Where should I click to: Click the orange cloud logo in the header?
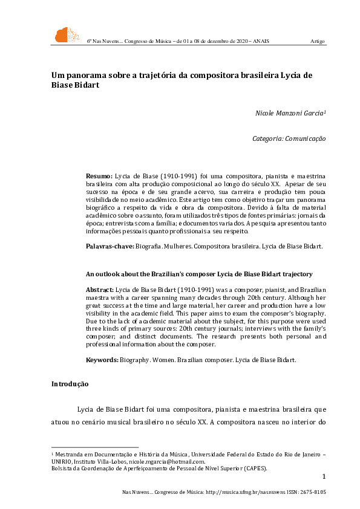click(x=67, y=35)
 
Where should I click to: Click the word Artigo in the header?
click(x=318, y=41)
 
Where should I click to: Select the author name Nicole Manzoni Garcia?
click(x=290, y=113)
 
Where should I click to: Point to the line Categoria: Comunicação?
click(x=289, y=138)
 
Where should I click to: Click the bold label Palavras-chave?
click(x=109, y=247)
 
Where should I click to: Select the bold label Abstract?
click(x=100, y=291)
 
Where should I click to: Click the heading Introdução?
click(x=70, y=384)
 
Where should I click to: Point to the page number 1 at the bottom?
click(x=324, y=477)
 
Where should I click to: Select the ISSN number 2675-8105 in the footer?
click(x=312, y=493)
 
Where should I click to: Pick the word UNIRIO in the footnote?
click(x=61, y=461)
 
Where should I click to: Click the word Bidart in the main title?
click(x=84, y=85)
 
